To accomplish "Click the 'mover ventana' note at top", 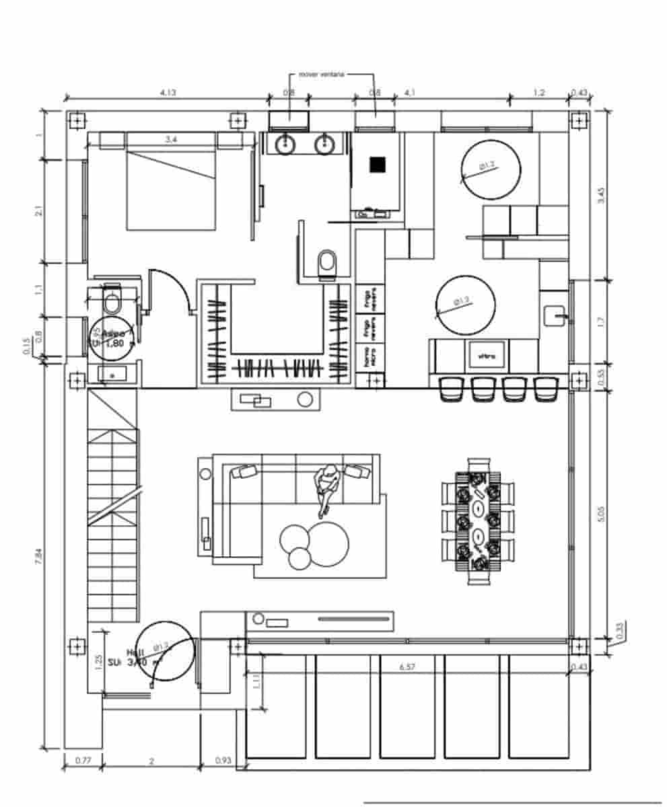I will [x=321, y=75].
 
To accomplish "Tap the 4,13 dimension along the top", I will [x=168, y=93].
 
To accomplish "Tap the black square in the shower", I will [x=377, y=164].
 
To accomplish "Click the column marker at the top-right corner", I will [x=578, y=120].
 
